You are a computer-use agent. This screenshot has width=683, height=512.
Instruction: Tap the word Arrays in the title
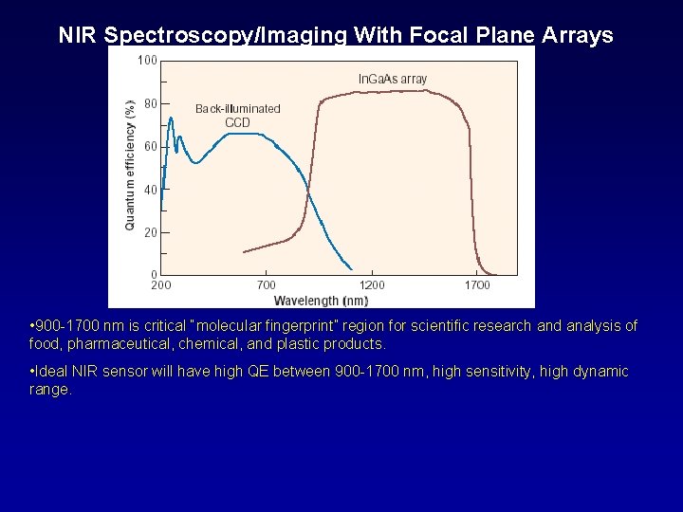[577, 35]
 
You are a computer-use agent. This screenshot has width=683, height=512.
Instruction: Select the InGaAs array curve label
[392, 79]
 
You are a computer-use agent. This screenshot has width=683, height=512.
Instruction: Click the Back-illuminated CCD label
[237, 115]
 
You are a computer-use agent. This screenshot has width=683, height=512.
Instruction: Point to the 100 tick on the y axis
[147, 61]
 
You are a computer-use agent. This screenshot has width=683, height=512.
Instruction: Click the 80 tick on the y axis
[150, 103]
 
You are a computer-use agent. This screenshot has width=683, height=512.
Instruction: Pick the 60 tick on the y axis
[150, 146]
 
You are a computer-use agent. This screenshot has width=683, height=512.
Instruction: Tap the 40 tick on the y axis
[150, 189]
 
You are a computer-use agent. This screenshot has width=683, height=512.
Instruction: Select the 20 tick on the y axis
[150, 231]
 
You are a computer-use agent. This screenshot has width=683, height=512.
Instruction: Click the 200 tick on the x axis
[161, 284]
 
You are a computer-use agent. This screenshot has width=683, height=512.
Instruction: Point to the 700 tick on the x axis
[267, 284]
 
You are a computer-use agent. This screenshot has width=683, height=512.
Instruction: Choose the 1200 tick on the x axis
[372, 284]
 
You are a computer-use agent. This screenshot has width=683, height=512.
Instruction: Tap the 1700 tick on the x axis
[477, 284]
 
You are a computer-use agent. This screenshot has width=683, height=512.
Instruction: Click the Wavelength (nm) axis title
[321, 301]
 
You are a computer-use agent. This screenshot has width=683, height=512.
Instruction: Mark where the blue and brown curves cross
[308, 192]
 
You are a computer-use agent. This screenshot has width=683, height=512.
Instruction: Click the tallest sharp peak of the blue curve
[170, 119]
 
